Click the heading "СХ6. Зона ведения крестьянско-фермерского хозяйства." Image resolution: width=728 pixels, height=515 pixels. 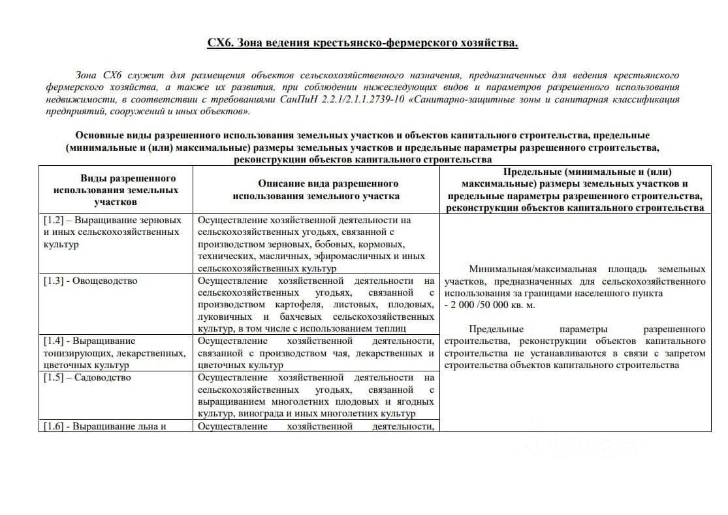click(363, 43)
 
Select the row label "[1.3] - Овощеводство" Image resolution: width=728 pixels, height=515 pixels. click(90, 281)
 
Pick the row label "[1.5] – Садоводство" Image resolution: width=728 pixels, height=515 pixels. click(87, 377)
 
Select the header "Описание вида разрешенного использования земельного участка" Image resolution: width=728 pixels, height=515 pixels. click(316, 190)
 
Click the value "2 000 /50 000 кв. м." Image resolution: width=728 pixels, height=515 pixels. click(490, 305)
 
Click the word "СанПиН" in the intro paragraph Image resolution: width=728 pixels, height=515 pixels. click(296, 100)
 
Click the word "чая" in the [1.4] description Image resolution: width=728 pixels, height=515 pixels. click(353, 353)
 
